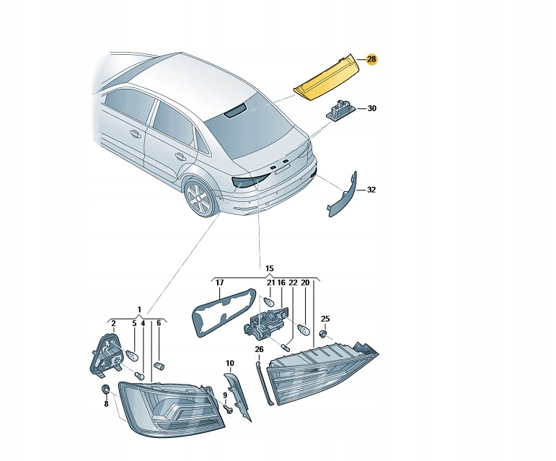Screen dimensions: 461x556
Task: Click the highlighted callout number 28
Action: tap(371, 59)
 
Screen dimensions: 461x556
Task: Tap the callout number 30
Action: tap(372, 109)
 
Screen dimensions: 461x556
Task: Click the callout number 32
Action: tap(371, 190)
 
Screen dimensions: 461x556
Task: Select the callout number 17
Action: tap(219, 283)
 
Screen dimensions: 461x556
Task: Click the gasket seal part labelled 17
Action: tap(222, 309)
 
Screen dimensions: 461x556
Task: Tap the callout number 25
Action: tap(325, 318)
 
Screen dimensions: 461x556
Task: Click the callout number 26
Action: tap(259, 349)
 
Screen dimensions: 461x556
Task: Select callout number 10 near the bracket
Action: tap(230, 363)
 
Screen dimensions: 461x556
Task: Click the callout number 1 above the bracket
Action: tap(140, 309)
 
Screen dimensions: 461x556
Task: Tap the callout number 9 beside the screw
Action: tap(224, 395)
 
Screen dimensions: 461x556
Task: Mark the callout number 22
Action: tap(293, 283)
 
